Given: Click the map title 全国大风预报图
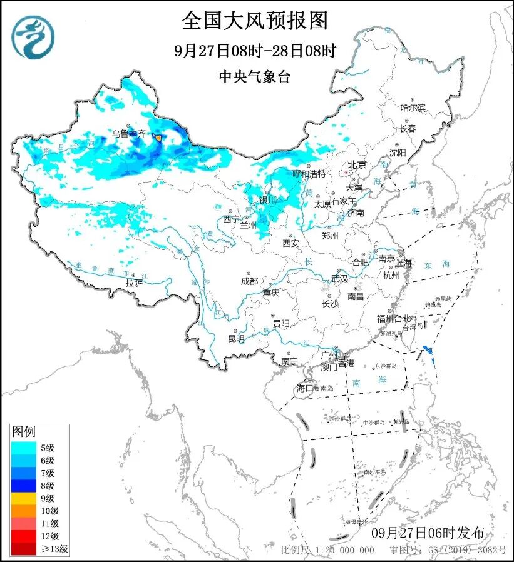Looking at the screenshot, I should click(255, 21).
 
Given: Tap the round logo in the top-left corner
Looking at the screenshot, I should click(33, 37).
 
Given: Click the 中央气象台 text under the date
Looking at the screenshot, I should click(254, 76).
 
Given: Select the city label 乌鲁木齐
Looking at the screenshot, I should click(128, 133).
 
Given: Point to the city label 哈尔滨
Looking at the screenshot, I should click(413, 108).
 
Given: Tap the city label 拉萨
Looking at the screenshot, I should click(134, 283).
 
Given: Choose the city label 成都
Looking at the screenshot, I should click(249, 281).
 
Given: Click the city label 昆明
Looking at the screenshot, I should click(236, 339).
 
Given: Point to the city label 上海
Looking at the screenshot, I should click(404, 263).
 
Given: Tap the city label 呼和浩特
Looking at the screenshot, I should click(309, 173).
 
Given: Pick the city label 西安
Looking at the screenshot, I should click(290, 243).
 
